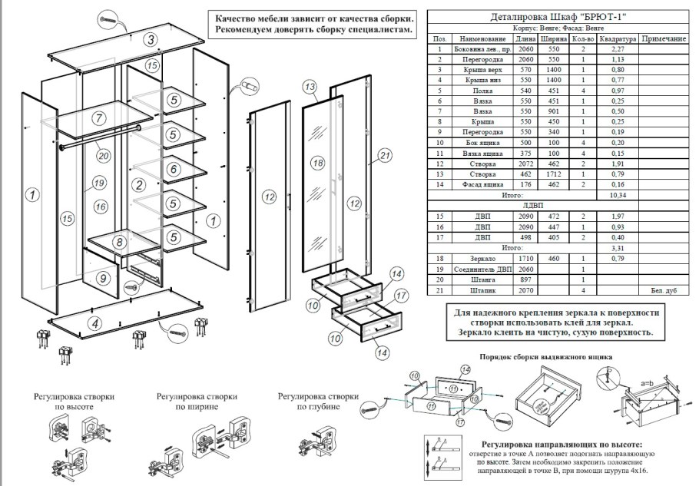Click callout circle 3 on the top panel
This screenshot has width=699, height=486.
152,40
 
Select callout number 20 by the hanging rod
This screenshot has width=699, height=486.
104,154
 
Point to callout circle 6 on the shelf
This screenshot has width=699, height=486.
174,168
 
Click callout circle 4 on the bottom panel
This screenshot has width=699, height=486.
94,322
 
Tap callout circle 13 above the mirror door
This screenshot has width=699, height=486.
310,87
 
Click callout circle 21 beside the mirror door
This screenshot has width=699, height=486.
386,157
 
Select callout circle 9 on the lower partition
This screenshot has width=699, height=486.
104,279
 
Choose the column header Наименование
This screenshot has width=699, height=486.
482,38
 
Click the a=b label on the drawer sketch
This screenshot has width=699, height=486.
648,382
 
